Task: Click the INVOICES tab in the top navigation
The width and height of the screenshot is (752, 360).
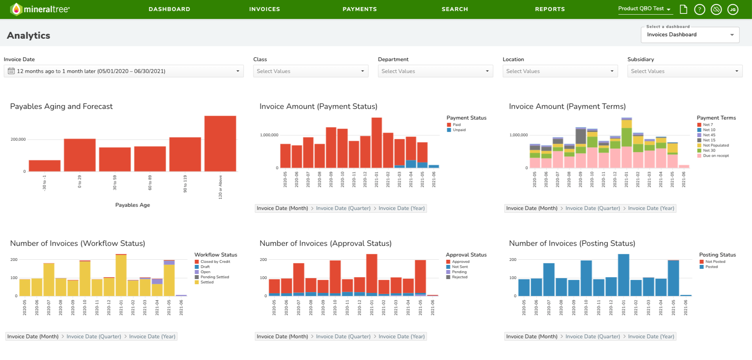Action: (x=264, y=9)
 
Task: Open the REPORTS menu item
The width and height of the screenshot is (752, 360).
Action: (x=550, y=9)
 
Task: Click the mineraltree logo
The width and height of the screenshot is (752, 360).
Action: (x=40, y=9)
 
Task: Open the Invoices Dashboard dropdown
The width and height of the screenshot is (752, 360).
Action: (x=690, y=35)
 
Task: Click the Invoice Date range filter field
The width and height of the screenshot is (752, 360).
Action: (x=124, y=71)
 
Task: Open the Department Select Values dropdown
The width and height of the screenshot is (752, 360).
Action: (x=435, y=71)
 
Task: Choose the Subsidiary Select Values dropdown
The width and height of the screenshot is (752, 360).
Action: (x=685, y=71)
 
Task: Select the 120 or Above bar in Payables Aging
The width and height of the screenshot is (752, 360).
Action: (x=220, y=144)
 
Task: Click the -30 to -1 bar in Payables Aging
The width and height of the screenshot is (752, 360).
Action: (x=45, y=166)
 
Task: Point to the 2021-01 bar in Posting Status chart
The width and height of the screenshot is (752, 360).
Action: (x=624, y=275)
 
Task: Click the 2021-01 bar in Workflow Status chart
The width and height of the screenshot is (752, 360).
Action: (x=121, y=275)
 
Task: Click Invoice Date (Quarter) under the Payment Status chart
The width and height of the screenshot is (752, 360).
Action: (x=343, y=208)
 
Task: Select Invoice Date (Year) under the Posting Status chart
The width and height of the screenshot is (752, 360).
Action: (x=651, y=337)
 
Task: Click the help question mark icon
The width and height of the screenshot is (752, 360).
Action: (x=699, y=9)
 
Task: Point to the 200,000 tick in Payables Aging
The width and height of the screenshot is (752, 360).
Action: (x=18, y=139)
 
